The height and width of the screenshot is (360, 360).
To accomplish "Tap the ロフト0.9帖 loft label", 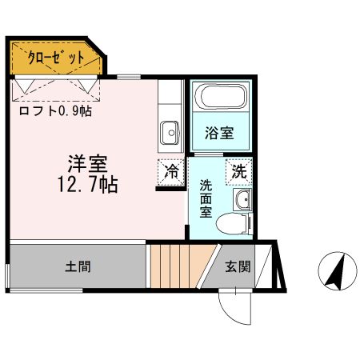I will click(x=55, y=111).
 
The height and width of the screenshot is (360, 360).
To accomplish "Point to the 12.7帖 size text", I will click(x=88, y=186).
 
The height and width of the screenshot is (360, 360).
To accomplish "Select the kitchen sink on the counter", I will click(x=169, y=131).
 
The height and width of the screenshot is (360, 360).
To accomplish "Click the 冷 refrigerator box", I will click(x=171, y=170).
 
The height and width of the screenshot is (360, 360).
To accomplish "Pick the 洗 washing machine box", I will click(x=238, y=170).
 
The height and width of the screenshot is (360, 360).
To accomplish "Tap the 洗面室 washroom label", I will click(x=206, y=199).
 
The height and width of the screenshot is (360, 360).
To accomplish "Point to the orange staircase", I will click(x=175, y=267).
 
